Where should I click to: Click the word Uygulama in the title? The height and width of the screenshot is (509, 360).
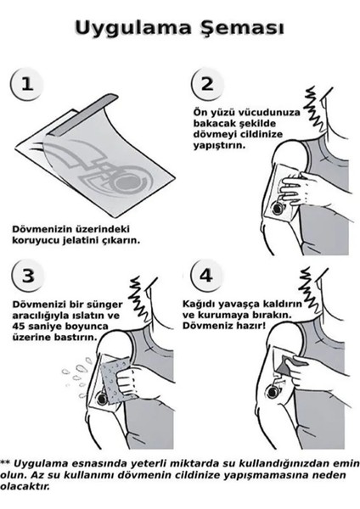coord(133,28)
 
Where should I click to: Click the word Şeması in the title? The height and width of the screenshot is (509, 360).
coord(242,28)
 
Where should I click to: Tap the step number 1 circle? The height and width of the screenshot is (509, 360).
coord(26,84)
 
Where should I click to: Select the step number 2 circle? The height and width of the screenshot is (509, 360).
coord(207,84)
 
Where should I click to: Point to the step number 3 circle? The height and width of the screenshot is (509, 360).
coord(28,276)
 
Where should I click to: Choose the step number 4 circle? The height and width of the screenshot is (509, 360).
coord(206,275)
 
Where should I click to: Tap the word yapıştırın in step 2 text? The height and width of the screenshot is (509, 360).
coord(219,145)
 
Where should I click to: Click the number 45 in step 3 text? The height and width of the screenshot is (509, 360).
coord(19,327)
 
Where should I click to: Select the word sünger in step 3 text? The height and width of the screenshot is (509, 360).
coord(104,305)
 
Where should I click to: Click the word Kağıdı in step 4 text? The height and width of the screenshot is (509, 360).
coord(199,305)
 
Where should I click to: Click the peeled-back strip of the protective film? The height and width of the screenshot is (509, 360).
coord(83,115)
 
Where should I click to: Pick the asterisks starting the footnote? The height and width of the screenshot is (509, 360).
coord(5,462)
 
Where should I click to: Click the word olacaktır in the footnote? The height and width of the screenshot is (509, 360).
coord(25,487)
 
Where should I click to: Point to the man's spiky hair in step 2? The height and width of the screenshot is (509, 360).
coord(314,109)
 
